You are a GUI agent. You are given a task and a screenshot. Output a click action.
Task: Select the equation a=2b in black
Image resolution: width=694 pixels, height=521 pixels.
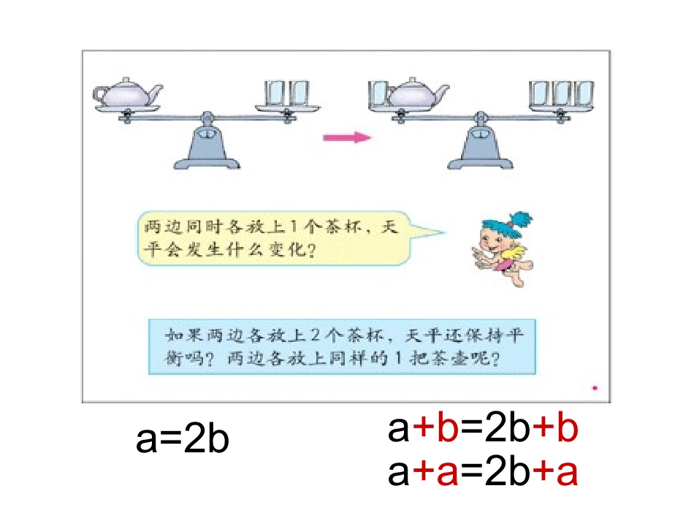(x=183, y=440)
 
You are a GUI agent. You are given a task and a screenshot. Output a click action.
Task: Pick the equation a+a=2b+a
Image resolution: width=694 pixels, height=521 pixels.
(x=483, y=474)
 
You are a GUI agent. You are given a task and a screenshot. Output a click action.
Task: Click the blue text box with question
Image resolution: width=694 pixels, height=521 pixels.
(x=342, y=347)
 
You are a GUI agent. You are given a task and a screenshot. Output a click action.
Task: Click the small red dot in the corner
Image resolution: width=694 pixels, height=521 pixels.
(x=595, y=389)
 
